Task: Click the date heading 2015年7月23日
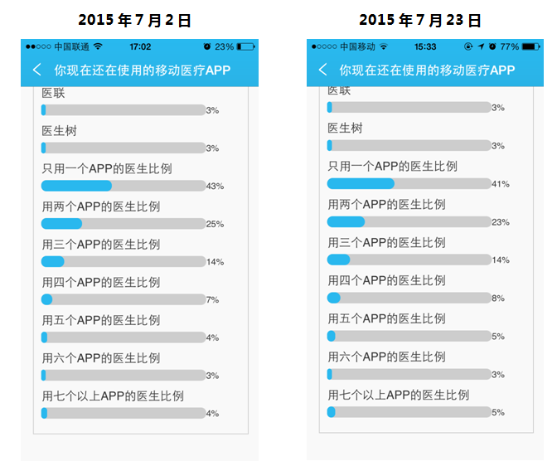click(420, 20)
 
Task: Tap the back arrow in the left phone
click(36, 70)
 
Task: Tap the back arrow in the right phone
click(322, 70)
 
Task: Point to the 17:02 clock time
click(140, 47)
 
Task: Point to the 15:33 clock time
click(425, 47)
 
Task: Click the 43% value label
click(215, 186)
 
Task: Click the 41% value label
click(501, 184)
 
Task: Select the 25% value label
click(215, 224)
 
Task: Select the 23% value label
click(501, 222)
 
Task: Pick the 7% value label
click(212, 299)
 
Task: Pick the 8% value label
click(498, 298)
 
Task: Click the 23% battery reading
click(224, 47)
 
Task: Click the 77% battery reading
click(510, 47)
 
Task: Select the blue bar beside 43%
click(76, 186)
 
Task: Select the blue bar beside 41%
click(361, 184)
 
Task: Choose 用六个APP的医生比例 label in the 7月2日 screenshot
click(101, 358)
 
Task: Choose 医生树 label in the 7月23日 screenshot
click(345, 129)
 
